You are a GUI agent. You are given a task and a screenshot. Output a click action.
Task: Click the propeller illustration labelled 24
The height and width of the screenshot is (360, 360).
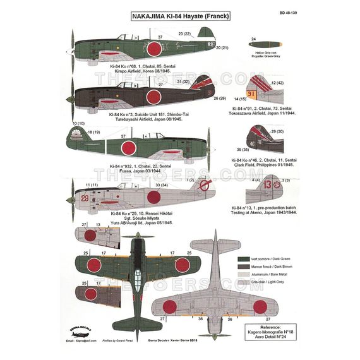click(x=254, y=47)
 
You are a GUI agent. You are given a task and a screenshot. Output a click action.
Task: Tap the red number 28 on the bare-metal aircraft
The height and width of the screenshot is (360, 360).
click(x=85, y=198)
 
